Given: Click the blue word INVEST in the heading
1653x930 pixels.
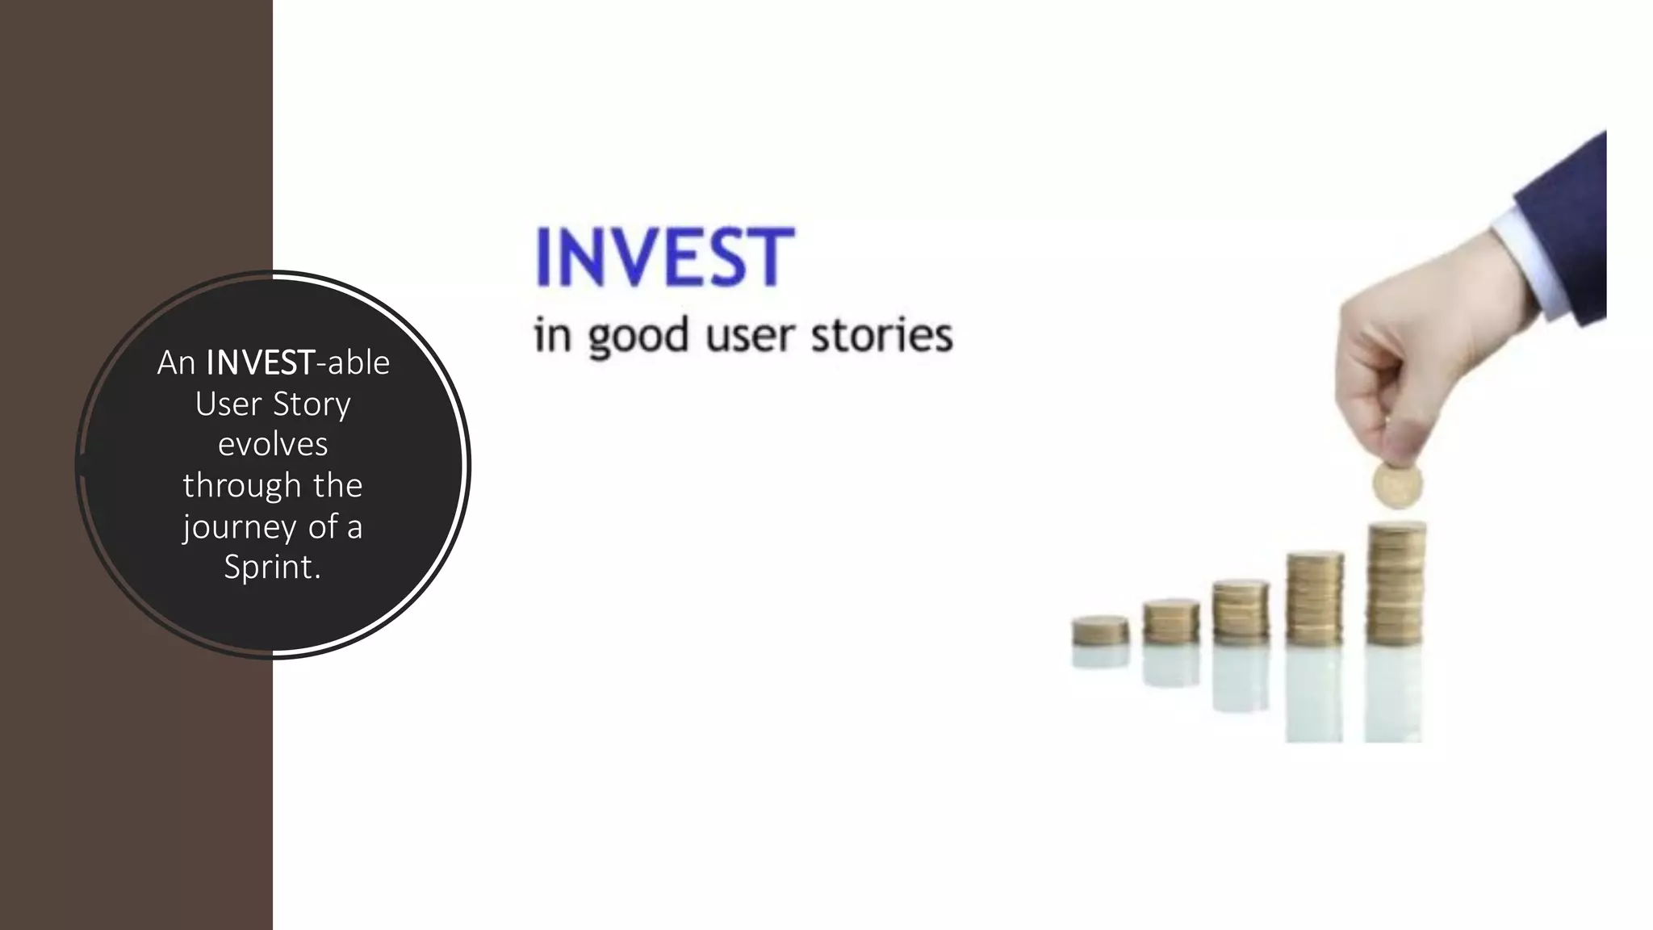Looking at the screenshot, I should pyautogui.click(x=664, y=257).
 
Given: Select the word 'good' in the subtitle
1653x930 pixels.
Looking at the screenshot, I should pyautogui.click(x=638, y=337).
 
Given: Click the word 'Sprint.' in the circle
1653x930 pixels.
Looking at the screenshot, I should pyautogui.click(x=273, y=567).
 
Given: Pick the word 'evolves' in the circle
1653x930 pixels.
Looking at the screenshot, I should pyautogui.click(x=273, y=444).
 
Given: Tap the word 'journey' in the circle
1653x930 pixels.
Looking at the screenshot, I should pyautogui.click(x=239, y=528).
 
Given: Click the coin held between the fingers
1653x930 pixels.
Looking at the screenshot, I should pyautogui.click(x=1397, y=484).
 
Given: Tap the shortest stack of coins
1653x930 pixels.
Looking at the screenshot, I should pyautogui.click(x=1100, y=630).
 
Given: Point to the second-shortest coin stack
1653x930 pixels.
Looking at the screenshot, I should pyautogui.click(x=1171, y=622).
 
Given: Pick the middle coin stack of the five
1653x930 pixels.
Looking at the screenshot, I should pyautogui.click(x=1241, y=613).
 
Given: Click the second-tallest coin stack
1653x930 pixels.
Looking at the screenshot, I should pyautogui.click(x=1315, y=598).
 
